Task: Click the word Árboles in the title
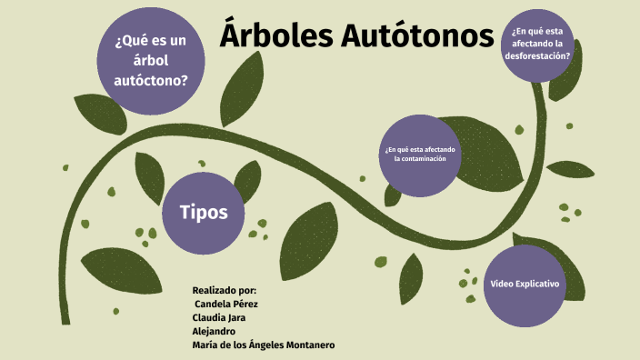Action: tap(278, 36)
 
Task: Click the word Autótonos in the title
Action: tap(418, 36)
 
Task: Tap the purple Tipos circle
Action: tap(198, 213)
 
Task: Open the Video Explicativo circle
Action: tap(525, 285)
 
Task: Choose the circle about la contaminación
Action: tap(420, 154)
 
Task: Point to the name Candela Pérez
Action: tap(226, 304)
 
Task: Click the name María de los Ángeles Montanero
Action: tap(264, 345)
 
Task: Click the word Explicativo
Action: tap(538, 285)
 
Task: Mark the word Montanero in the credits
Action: tap(305, 345)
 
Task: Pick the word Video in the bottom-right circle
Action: tap(503, 285)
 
